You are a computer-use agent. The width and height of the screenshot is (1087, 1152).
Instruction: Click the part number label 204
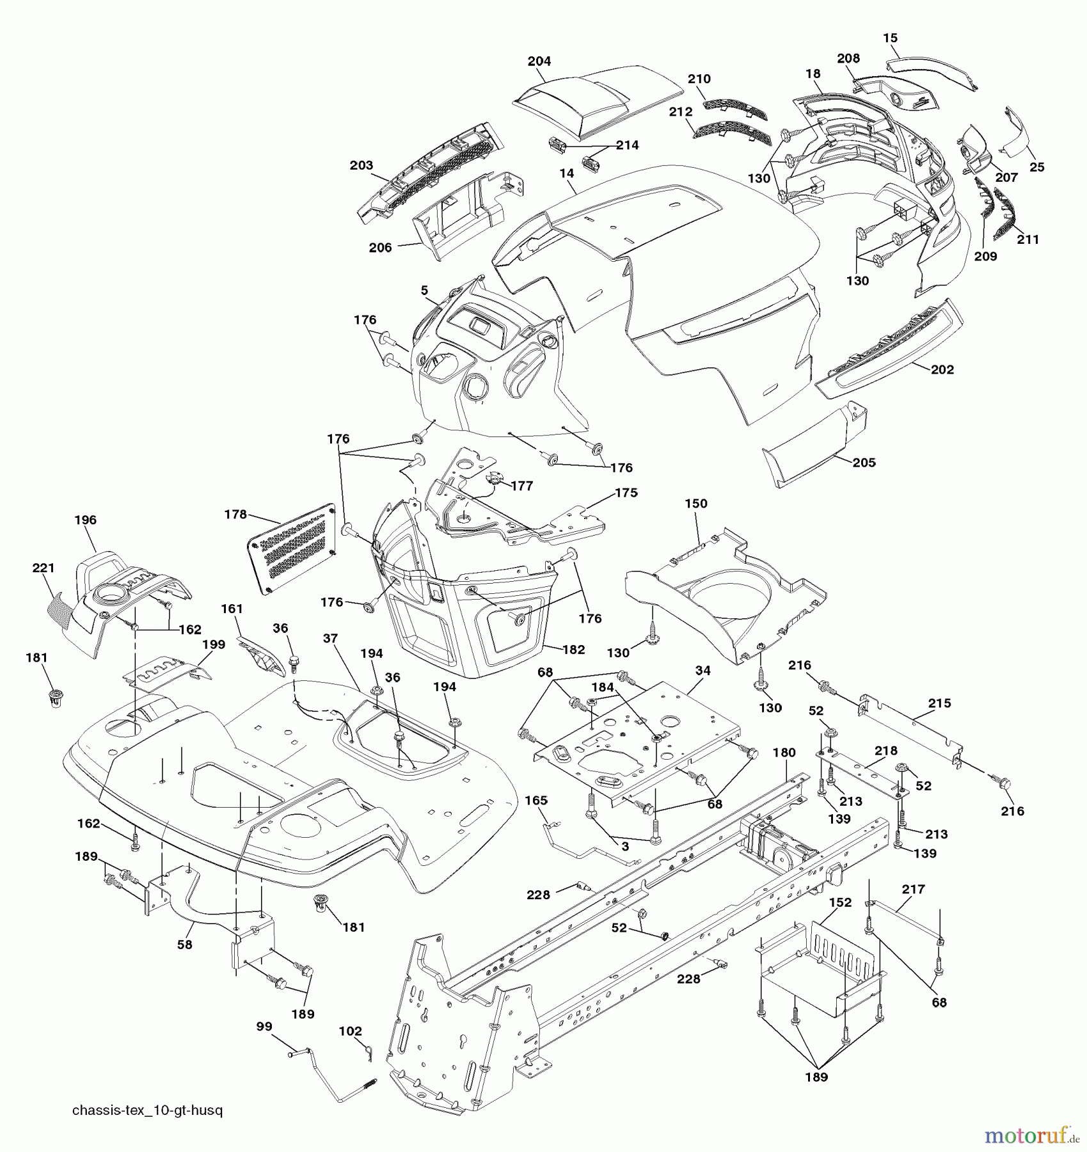[x=539, y=61]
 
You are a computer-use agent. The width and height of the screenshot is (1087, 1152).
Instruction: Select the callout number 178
[x=235, y=514]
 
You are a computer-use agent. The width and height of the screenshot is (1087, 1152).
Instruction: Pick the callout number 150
[x=696, y=504]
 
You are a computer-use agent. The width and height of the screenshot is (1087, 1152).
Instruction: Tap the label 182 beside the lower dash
[x=573, y=649]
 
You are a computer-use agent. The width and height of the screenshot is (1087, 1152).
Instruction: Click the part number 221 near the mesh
[x=43, y=568]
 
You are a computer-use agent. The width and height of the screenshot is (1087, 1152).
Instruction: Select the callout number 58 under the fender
[x=184, y=944]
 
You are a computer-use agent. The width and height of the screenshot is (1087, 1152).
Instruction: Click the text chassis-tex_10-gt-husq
[x=147, y=1110]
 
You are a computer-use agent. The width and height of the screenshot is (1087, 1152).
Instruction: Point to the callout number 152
[x=840, y=902]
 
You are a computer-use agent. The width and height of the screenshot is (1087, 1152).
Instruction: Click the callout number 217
[x=913, y=889]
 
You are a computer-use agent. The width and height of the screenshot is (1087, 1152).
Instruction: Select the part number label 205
[x=864, y=462]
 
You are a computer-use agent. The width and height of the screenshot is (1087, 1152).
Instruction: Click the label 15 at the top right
[x=890, y=38]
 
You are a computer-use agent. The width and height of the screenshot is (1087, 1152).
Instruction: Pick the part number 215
[x=939, y=703]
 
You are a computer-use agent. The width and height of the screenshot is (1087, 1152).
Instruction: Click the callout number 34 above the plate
[x=702, y=670]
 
